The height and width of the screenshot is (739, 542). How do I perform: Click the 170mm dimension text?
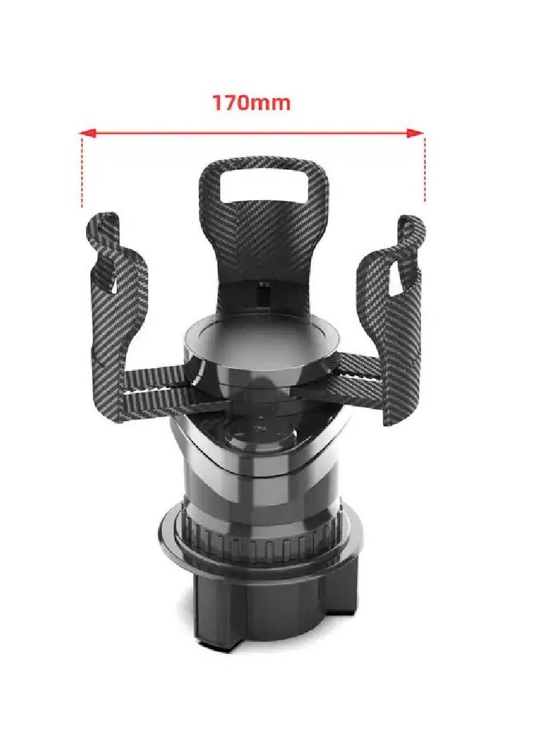point(251,102)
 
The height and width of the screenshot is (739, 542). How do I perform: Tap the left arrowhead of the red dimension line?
point(87,133)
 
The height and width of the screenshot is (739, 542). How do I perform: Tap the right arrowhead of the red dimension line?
point(415,133)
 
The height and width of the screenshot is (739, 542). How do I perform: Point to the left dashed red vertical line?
point(82,171)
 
